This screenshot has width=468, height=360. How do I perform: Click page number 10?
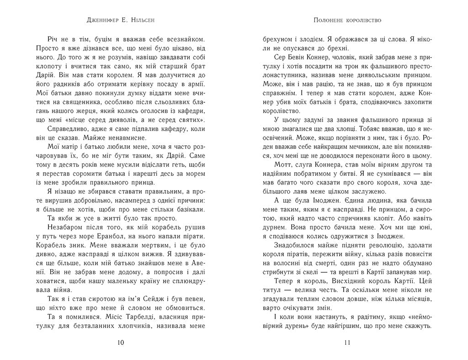click(120, 342)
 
